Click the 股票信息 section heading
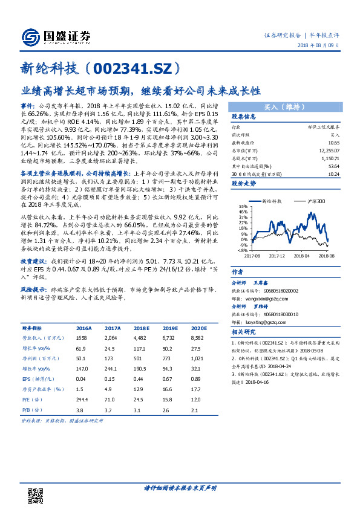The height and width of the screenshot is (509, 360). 244,117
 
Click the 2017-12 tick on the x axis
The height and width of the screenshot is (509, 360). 276,255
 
